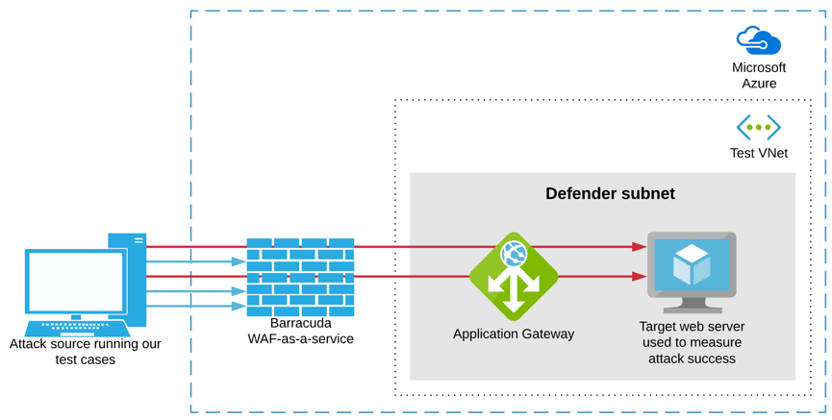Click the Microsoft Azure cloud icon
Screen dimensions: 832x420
click(x=759, y=40)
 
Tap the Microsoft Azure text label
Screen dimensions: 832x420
click(x=759, y=75)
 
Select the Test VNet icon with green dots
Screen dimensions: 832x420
click(x=759, y=127)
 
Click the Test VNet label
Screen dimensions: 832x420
click(x=759, y=153)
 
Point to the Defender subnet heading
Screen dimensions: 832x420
click(x=610, y=193)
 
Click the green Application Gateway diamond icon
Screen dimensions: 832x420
click(x=514, y=276)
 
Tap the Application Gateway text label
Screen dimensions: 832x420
click(x=514, y=334)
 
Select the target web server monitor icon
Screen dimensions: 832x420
click(x=692, y=272)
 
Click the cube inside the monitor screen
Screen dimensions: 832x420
click(x=692, y=264)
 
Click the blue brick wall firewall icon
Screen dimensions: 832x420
click(x=300, y=278)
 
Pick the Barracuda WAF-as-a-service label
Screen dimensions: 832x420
click(x=300, y=331)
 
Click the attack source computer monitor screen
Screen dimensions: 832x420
click(x=76, y=282)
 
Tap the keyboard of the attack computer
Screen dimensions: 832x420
click(x=78, y=329)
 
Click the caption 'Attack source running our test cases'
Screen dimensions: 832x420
click(x=85, y=351)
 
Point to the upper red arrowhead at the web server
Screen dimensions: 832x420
click(x=639, y=247)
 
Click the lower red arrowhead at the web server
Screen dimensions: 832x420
click(x=639, y=276)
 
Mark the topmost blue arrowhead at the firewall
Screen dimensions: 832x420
click(x=239, y=261)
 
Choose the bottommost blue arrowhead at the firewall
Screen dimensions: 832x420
click(x=239, y=306)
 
